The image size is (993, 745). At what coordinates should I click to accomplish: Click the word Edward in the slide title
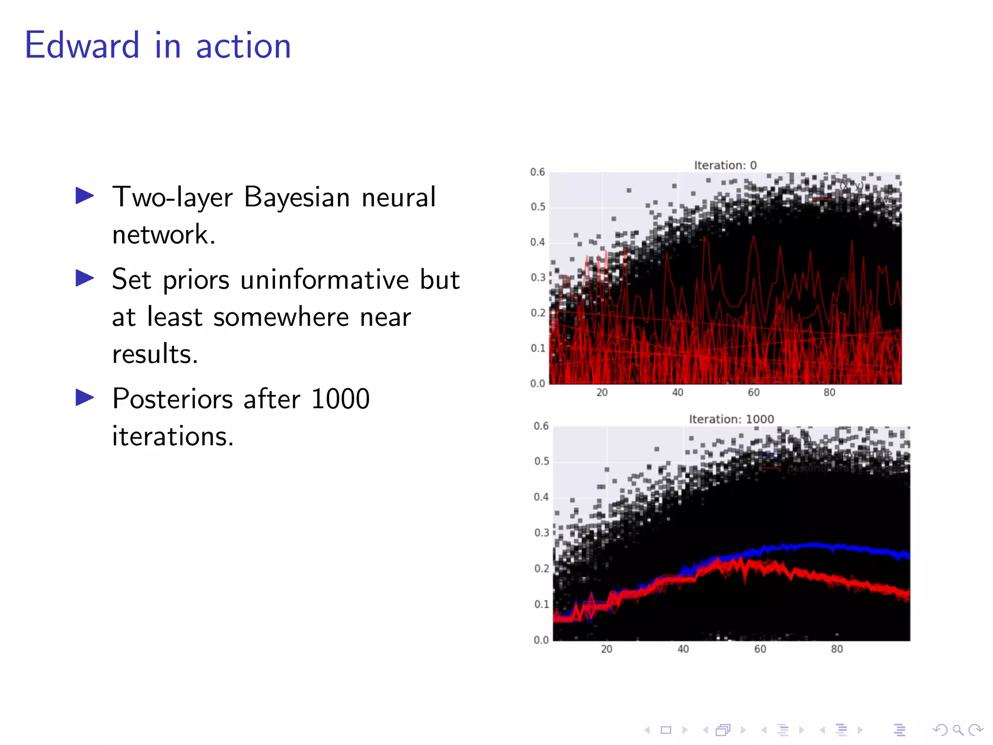point(82,46)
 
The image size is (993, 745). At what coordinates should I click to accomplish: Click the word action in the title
point(243,47)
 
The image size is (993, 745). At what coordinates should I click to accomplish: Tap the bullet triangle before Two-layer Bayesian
point(85,196)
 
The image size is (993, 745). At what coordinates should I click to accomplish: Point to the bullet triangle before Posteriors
point(85,398)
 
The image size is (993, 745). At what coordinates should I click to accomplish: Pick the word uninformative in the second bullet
point(324,280)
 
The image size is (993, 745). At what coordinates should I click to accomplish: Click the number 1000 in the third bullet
point(340,399)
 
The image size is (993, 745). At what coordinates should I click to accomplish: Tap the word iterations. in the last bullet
point(173,436)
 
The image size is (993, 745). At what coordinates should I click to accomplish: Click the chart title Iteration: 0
point(725,165)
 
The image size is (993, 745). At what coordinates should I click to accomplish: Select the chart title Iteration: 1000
point(731,419)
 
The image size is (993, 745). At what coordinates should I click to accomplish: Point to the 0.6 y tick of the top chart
point(537,172)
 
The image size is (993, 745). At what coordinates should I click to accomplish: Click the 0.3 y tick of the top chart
point(537,277)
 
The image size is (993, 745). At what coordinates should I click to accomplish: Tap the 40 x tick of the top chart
point(677,392)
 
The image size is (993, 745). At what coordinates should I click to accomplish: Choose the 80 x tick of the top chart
point(829,392)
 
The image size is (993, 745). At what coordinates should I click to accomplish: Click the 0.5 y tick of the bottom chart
point(541,461)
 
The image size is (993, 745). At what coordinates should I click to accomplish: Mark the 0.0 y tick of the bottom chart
point(541,640)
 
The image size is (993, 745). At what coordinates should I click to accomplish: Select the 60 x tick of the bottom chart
point(760,649)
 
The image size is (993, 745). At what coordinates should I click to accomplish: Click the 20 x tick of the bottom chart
point(606,649)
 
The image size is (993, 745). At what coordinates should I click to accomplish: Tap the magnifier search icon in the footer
point(958,730)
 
